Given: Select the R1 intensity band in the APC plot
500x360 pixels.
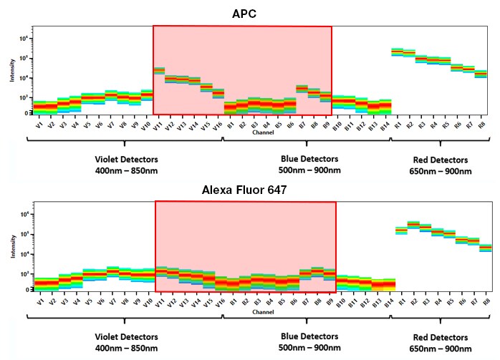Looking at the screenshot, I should point(397,52).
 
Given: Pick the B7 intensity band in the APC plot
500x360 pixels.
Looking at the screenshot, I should point(302,89).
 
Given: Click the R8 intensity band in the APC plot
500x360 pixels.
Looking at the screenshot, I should point(481,74).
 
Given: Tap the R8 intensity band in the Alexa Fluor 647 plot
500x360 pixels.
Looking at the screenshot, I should point(485,248).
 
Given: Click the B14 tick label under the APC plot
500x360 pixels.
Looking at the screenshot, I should point(385,125).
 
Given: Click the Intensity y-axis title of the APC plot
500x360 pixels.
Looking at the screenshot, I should point(12,72).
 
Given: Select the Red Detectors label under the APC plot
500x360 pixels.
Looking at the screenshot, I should point(438,160).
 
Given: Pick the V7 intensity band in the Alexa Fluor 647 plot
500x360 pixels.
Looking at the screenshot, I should point(112,271).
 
